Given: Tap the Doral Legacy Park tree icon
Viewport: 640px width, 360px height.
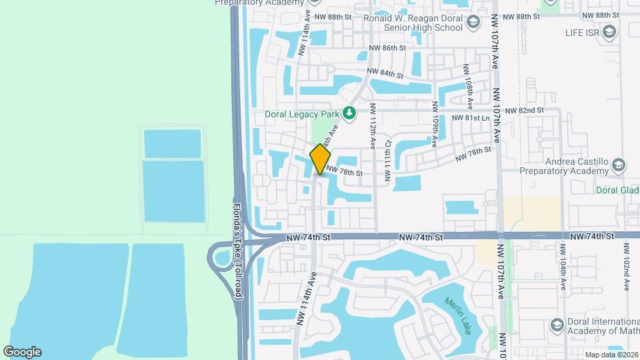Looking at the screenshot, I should pos(349,112).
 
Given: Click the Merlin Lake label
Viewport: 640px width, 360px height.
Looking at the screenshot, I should pos(457,315).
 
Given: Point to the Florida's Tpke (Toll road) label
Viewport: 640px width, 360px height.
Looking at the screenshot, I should pos(238,250).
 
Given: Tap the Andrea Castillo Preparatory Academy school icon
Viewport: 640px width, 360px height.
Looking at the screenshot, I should pos(618,165).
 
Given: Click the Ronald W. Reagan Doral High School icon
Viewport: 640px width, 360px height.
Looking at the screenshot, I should pos(473,23).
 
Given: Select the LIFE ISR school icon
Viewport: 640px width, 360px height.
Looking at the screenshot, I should pos(608,31).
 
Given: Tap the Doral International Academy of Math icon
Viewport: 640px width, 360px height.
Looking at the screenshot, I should pos(557,325).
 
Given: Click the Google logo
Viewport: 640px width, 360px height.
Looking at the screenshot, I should pos(22,352).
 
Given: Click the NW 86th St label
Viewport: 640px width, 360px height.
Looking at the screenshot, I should pos(387,48).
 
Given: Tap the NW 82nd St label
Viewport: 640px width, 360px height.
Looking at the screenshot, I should pos(525,110).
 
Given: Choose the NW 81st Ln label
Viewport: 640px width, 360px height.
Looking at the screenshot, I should pos(471,118).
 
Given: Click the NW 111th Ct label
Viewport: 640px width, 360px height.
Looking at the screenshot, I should pos(387,165).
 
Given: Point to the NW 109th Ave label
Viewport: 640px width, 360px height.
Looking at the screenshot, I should pos(435,124).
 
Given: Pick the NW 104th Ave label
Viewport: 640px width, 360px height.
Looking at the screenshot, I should pos(563,267).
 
